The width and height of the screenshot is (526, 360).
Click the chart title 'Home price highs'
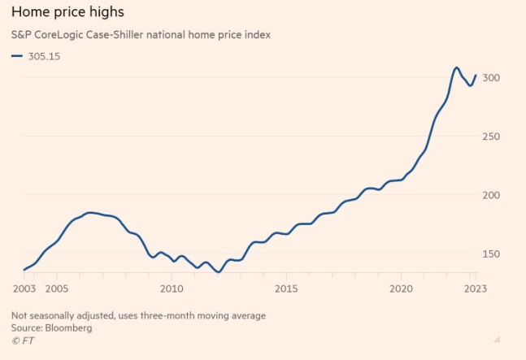(x=67, y=13)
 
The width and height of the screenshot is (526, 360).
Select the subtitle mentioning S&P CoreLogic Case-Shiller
(x=141, y=35)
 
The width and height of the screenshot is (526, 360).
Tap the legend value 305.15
(x=44, y=56)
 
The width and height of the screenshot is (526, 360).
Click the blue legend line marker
(x=17, y=56)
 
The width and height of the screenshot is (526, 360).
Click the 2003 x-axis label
(x=23, y=288)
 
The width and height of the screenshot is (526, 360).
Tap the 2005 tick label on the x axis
(x=56, y=288)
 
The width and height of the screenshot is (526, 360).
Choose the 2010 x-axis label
(x=172, y=288)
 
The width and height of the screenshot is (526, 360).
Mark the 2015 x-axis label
(x=286, y=288)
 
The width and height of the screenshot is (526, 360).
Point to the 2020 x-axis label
(x=402, y=288)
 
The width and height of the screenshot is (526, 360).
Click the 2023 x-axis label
(x=475, y=288)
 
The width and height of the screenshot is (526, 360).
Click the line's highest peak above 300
(x=457, y=67)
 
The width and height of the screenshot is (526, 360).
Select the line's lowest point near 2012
(x=217, y=271)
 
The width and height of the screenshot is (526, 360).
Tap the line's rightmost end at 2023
(x=476, y=76)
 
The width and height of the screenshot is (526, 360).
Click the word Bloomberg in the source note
(x=69, y=328)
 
